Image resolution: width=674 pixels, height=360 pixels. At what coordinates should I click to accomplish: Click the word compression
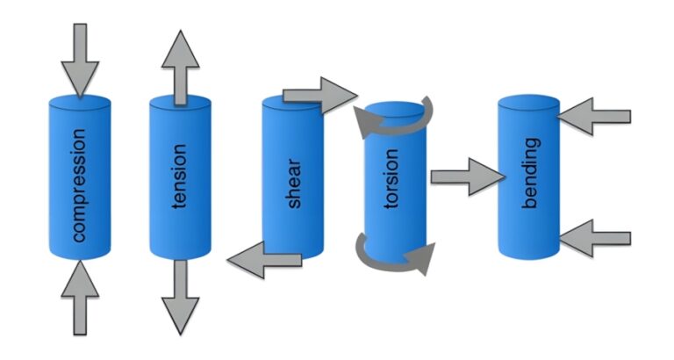pos(80,185)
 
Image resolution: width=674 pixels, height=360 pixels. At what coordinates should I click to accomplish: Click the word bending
pos(530,173)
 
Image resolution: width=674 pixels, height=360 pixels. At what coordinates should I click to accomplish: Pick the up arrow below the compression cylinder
pos(80,299)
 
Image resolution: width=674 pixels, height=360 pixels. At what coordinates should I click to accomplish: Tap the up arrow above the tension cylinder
pos(180,66)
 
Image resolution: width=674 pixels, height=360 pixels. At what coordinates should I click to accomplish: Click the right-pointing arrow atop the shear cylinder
pos(321,94)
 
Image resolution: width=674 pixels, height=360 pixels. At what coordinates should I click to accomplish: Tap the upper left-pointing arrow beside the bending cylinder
pos(596,116)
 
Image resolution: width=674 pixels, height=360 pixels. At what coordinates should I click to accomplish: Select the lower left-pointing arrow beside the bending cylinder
pos(596,238)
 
